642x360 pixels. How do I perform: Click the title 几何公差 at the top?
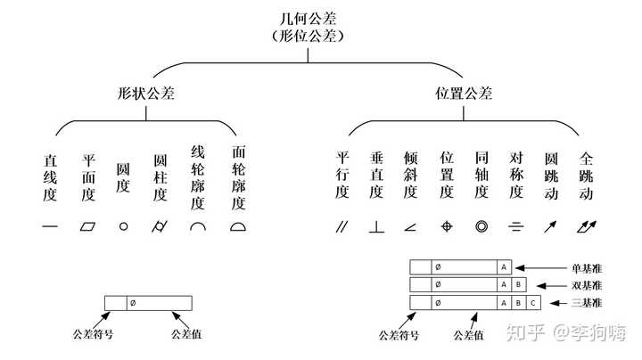(x=309, y=20)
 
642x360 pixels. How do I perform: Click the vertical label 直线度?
(x=50, y=178)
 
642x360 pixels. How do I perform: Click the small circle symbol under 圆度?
(x=123, y=226)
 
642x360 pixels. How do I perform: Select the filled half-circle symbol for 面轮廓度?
(x=238, y=226)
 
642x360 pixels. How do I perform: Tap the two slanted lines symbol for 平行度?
(x=342, y=226)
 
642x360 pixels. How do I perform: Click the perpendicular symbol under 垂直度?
(x=376, y=226)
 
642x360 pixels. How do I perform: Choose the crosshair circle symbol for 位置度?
(x=447, y=226)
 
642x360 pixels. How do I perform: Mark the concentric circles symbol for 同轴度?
(x=481, y=226)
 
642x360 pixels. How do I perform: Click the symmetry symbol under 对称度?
(x=516, y=226)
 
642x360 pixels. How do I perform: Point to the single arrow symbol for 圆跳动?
(x=551, y=226)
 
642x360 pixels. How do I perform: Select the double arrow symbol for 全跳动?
(x=586, y=226)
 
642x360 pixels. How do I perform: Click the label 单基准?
(x=588, y=267)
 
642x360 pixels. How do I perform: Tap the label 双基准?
(x=588, y=285)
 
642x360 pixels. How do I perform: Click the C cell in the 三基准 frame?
(x=533, y=303)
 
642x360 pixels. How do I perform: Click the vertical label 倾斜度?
(x=411, y=176)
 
